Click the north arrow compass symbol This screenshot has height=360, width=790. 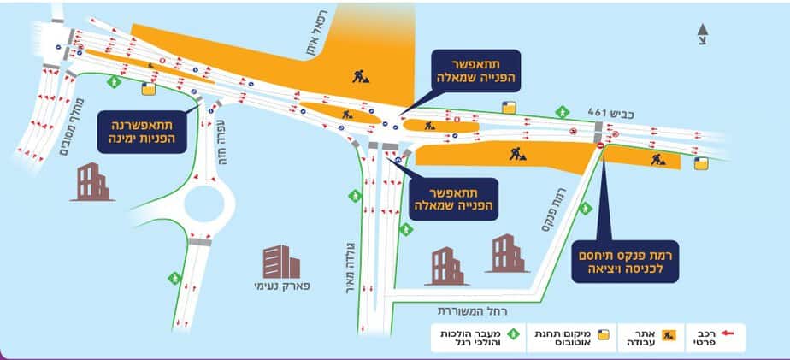click(702, 32)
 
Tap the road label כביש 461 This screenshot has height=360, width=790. click(609, 112)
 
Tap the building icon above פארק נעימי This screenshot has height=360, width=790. click(276, 261)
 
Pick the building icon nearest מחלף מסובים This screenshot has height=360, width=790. click(92, 181)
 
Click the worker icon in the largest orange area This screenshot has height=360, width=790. click(361, 76)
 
